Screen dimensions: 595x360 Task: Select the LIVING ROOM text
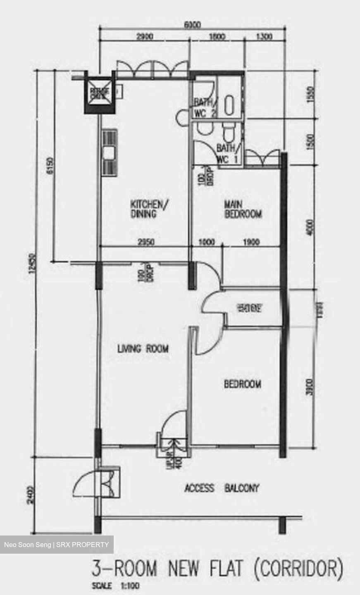pyautogui.click(x=143, y=349)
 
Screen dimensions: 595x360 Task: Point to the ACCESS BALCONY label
pyautogui.click(x=222, y=488)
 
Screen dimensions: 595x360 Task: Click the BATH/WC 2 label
pyautogui.click(x=203, y=107)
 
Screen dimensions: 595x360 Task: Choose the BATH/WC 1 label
pyautogui.click(x=226, y=153)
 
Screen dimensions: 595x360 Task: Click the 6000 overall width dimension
pyautogui.click(x=192, y=25)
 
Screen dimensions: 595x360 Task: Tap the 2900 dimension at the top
pyautogui.click(x=144, y=37)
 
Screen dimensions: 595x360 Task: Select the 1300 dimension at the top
pyautogui.click(x=264, y=37)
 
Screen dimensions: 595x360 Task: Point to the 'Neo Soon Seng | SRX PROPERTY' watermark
pyautogui.click(x=57, y=545)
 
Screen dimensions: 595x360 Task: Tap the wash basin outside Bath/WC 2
pyautogui.click(x=182, y=117)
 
